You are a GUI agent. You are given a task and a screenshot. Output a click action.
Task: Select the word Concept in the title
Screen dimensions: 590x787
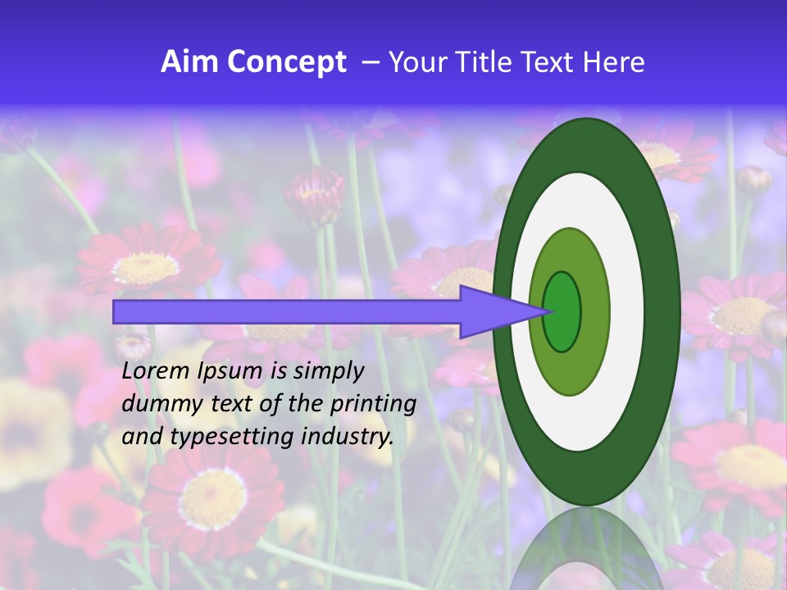click(287, 63)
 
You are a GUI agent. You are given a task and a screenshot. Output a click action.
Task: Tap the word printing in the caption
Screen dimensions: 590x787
click(369, 405)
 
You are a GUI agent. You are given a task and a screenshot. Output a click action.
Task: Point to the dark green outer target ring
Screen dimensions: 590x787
click(664, 311)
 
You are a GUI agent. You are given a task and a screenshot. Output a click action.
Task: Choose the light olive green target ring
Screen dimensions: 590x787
click(597, 311)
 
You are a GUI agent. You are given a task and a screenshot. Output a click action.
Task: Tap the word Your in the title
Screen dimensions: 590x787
click(415, 62)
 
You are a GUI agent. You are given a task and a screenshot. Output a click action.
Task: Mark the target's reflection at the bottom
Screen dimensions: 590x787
click(585, 549)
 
